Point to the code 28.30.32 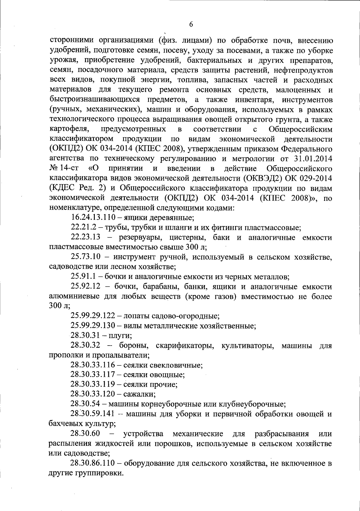point(85,345)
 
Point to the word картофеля point(69,129)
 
